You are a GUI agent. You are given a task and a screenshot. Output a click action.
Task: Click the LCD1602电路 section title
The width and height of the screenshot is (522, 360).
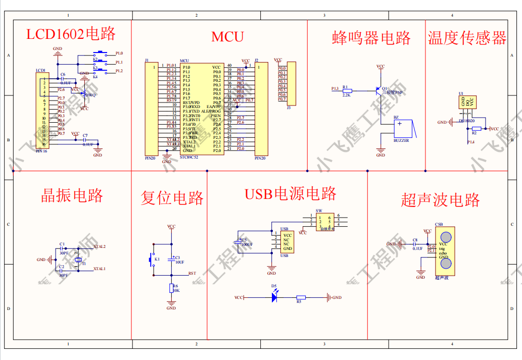(x=71, y=34)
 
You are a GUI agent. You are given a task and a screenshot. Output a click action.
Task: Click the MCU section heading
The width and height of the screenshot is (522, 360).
(x=227, y=36)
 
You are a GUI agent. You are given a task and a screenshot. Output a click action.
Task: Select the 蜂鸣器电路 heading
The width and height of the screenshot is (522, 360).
(x=371, y=38)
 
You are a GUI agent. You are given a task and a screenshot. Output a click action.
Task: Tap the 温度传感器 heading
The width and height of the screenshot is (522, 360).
(x=467, y=38)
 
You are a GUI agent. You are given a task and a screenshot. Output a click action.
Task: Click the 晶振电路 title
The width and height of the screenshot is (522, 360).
(x=72, y=195)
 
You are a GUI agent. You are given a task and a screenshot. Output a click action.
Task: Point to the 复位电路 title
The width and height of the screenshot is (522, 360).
(x=172, y=197)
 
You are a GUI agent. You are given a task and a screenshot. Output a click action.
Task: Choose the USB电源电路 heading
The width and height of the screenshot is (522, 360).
(x=291, y=194)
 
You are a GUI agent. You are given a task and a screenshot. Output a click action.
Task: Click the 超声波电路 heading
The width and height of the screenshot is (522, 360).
(x=440, y=199)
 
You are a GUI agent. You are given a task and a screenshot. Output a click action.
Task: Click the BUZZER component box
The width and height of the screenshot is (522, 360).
(x=403, y=128)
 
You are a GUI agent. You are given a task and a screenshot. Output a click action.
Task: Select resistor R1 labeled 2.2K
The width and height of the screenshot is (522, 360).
(x=347, y=91)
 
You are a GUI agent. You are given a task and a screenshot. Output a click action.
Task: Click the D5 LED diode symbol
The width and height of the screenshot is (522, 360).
(x=274, y=297)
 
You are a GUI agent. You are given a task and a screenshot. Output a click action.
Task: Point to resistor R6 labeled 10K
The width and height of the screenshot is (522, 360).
(x=171, y=288)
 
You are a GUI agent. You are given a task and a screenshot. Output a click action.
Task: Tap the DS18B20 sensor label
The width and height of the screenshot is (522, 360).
(x=466, y=121)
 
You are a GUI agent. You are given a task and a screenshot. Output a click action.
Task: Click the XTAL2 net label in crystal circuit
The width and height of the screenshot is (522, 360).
(x=99, y=246)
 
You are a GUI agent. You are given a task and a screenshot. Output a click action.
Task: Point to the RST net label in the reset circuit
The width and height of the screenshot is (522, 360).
(x=192, y=273)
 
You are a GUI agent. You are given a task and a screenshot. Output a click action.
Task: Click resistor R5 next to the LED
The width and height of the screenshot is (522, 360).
(x=301, y=297)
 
